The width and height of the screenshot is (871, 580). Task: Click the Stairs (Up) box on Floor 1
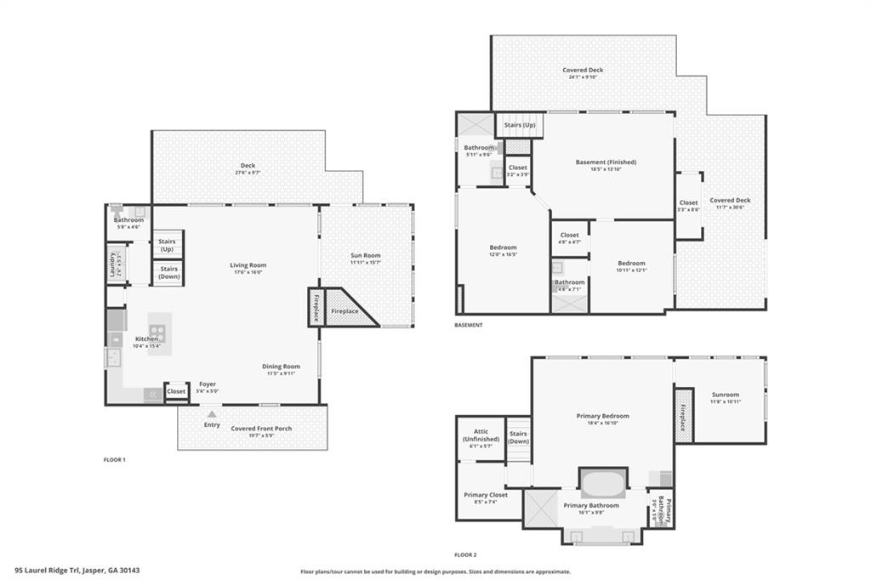167,245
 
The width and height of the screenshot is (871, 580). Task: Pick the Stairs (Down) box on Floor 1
167,272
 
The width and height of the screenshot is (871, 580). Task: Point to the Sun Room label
366,255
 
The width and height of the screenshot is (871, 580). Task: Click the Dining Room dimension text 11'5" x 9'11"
281,373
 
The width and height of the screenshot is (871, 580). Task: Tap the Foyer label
208,384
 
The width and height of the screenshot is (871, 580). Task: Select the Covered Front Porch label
261,428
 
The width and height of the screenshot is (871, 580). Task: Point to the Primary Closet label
486,495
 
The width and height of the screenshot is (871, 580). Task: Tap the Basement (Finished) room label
606,162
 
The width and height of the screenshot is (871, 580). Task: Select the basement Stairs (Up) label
520,125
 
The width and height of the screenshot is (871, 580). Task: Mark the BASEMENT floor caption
469,325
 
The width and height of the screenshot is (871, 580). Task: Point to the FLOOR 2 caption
465,554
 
